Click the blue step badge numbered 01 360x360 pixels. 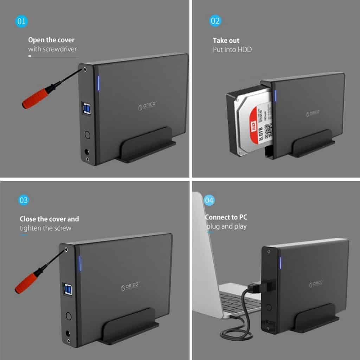[x=21, y=21]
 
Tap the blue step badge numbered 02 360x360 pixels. [x=215, y=21]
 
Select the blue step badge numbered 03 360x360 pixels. [x=24, y=200]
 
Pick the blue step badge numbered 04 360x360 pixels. [x=209, y=200]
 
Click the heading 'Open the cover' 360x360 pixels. [x=51, y=40]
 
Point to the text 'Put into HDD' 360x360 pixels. [x=232, y=50]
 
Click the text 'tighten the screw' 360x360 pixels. [x=45, y=228]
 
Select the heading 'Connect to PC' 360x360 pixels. [x=226, y=217]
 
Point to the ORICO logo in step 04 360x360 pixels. [x=316, y=283]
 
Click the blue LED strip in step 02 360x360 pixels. [x=275, y=96]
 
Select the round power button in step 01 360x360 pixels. [x=87, y=135]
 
